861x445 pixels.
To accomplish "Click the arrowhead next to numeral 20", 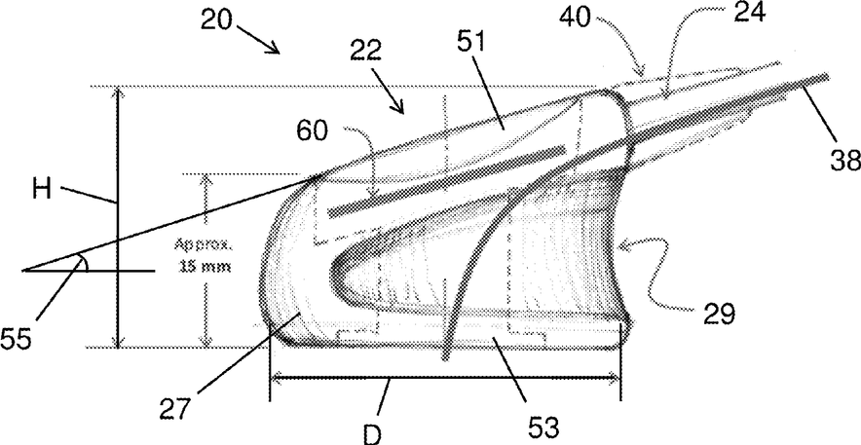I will (x=277, y=50).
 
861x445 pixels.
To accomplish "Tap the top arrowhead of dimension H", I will (x=118, y=92).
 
